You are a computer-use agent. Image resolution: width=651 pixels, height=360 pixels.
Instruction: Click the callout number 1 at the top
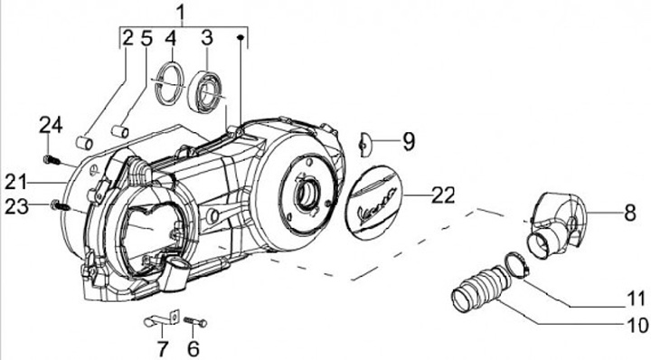click(182, 14)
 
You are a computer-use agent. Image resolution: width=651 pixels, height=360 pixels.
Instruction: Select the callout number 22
click(443, 194)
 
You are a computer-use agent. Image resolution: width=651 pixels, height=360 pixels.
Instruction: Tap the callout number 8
click(630, 213)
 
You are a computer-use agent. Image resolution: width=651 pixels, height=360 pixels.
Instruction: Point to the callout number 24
click(51, 125)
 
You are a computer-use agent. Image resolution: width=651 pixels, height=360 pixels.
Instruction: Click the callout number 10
click(637, 325)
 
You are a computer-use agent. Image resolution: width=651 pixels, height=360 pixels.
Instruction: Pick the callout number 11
click(636, 298)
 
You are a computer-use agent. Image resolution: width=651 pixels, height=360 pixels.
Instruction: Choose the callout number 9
click(409, 142)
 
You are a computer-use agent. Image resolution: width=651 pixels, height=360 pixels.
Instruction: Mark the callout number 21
click(15, 182)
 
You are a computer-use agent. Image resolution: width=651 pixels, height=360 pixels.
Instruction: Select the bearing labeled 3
click(204, 92)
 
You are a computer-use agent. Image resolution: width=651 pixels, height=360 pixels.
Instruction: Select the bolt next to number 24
click(52, 159)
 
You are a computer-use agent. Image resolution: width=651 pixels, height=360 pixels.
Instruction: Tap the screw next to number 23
click(62, 204)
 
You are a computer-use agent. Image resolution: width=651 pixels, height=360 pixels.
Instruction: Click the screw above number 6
click(195, 322)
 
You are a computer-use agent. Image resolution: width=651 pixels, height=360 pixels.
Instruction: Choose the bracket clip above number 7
click(162, 319)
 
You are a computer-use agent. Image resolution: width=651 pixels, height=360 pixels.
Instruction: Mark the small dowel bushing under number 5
click(120, 131)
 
